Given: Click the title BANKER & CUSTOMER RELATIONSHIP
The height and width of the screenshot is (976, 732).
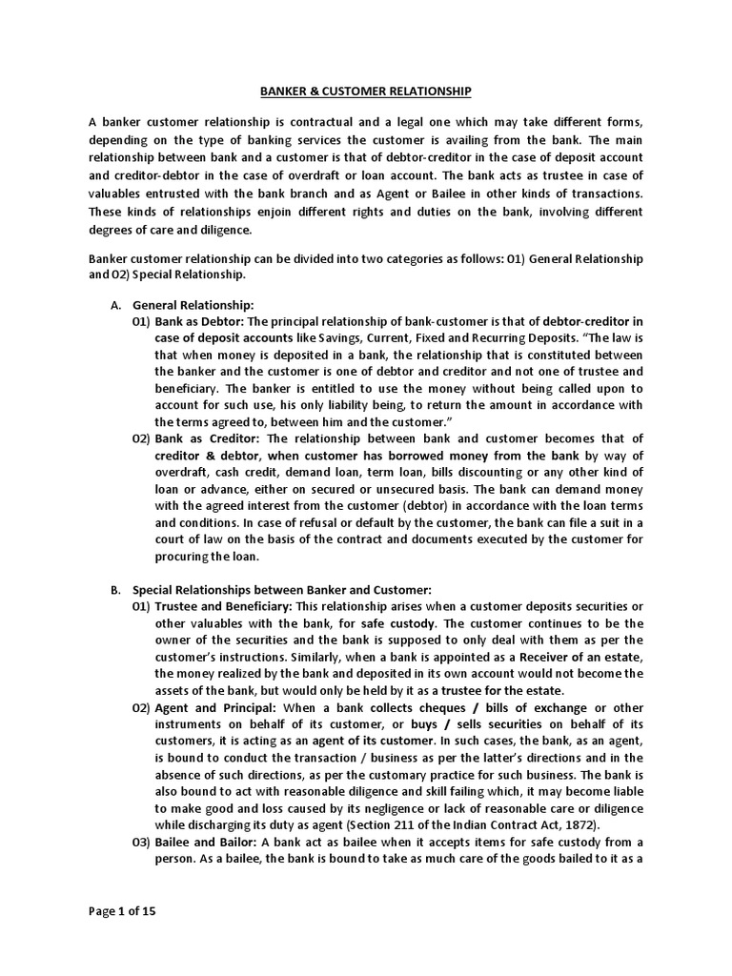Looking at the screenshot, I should point(366,91).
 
